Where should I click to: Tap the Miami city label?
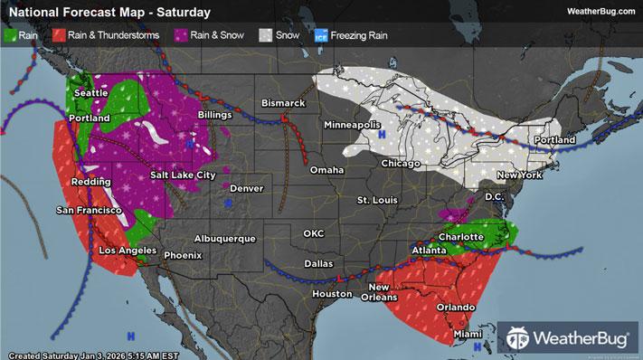(x=466, y=335)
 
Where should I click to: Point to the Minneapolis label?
(x=353, y=124)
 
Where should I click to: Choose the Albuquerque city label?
(x=225, y=238)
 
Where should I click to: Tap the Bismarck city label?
(x=283, y=104)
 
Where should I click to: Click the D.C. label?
(x=495, y=196)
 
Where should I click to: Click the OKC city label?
(x=313, y=233)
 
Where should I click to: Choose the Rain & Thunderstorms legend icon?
(x=56, y=36)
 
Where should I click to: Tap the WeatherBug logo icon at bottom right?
(x=519, y=338)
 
